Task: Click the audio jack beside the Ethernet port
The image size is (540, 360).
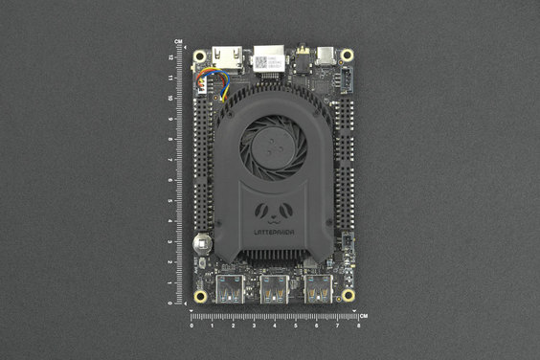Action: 303,56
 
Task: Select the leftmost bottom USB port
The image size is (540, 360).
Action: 231,288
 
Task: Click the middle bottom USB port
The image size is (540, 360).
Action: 274,288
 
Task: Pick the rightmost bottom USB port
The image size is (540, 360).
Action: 318,288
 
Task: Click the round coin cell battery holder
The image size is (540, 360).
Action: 201,243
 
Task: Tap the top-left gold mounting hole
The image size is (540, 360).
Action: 200,56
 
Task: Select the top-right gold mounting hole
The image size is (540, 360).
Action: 348,56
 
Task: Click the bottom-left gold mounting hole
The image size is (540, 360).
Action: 200,296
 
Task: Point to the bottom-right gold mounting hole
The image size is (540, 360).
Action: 348,296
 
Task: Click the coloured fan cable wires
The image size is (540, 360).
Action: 219,86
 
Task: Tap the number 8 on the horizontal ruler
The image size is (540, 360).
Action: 359,326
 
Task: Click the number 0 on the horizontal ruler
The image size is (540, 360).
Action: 192,326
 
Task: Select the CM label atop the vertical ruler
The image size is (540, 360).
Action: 179,41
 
